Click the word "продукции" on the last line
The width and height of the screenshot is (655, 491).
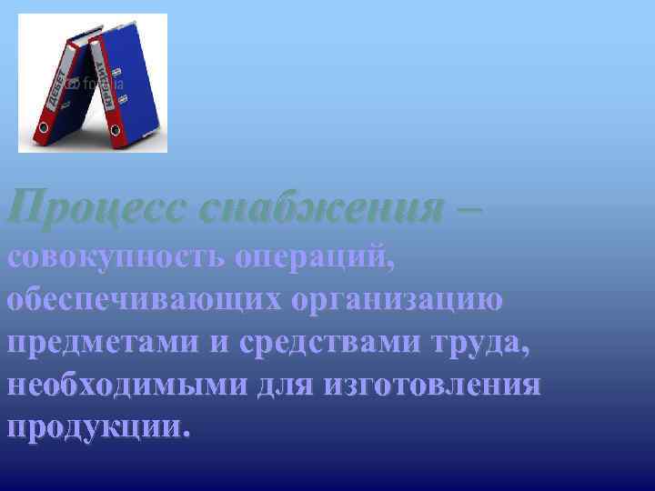(x=95, y=428)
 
